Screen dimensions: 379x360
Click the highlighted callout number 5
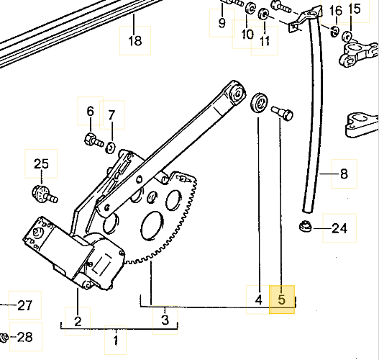tap(282, 300)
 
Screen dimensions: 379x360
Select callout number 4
tap(259, 300)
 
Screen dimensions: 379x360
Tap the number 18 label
tap(135, 40)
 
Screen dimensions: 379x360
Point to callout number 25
tap(41, 163)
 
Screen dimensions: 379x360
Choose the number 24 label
tap(339, 228)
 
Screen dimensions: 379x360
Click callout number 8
tap(344, 174)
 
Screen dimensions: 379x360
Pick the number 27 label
tap(25, 305)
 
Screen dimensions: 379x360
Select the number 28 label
tap(26, 337)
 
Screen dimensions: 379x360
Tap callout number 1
tap(116, 340)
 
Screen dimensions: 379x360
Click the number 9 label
tap(222, 23)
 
